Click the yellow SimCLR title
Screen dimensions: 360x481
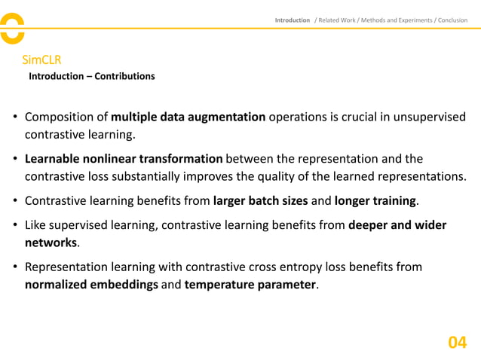click(41, 59)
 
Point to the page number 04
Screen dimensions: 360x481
click(457, 343)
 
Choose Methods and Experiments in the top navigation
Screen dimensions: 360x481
click(402, 20)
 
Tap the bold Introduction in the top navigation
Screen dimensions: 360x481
click(292, 20)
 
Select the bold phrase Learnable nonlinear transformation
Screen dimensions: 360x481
click(124, 159)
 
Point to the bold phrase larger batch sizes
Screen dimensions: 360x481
click(261, 201)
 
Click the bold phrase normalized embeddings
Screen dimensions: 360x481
click(90, 285)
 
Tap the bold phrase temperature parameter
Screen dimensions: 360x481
click(250, 285)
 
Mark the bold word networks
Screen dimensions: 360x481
click(51, 243)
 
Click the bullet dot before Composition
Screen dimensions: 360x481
click(15, 117)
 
